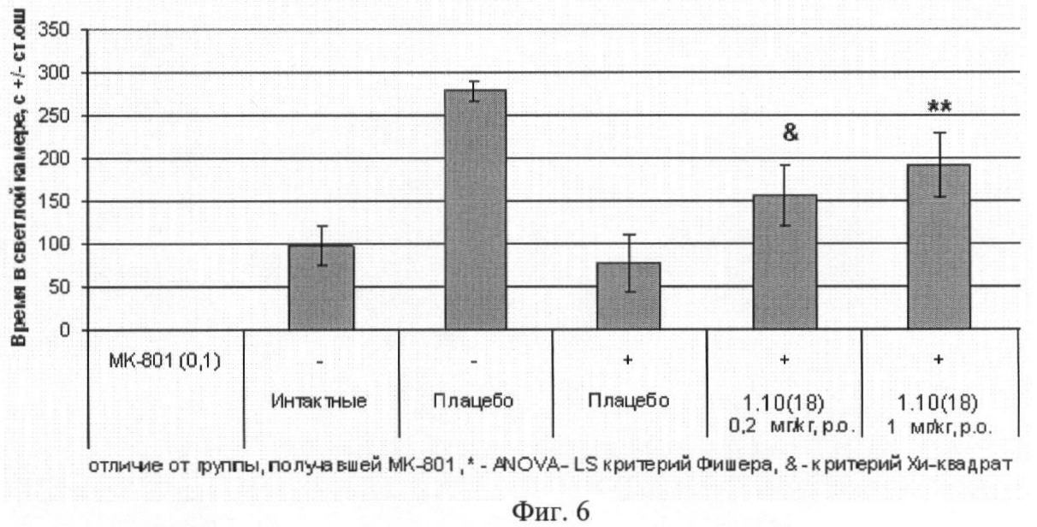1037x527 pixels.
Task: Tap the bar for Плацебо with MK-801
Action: click(x=629, y=296)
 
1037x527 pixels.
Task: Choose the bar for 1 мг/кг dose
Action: click(x=938, y=247)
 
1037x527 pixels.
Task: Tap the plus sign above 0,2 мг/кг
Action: click(x=783, y=361)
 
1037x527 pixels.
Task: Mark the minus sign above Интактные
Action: click(x=321, y=361)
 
